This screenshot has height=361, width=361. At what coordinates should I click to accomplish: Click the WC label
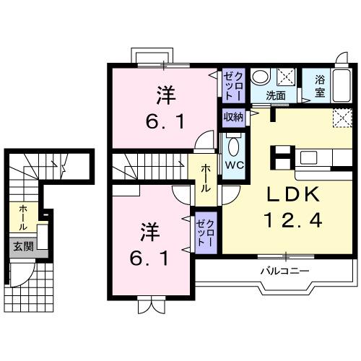coord(232,165)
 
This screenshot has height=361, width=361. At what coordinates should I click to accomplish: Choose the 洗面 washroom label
coord(276,95)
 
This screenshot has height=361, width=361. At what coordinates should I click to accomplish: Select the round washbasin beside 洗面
coord(264,77)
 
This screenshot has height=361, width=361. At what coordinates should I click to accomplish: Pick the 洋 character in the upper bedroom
coord(165,94)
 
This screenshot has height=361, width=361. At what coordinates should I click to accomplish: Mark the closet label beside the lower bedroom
coord(205,233)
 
